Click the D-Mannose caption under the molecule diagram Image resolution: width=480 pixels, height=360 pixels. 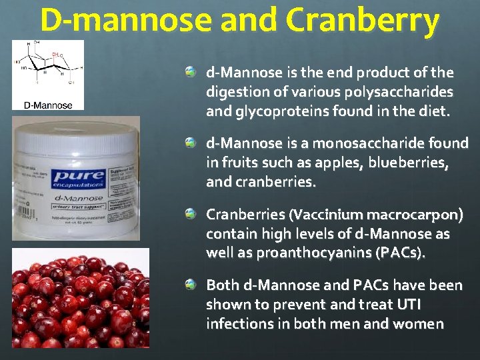coord(47,104)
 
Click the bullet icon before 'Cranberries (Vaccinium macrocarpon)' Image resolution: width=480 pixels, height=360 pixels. coord(191,214)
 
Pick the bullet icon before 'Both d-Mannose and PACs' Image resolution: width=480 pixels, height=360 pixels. coord(191,285)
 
